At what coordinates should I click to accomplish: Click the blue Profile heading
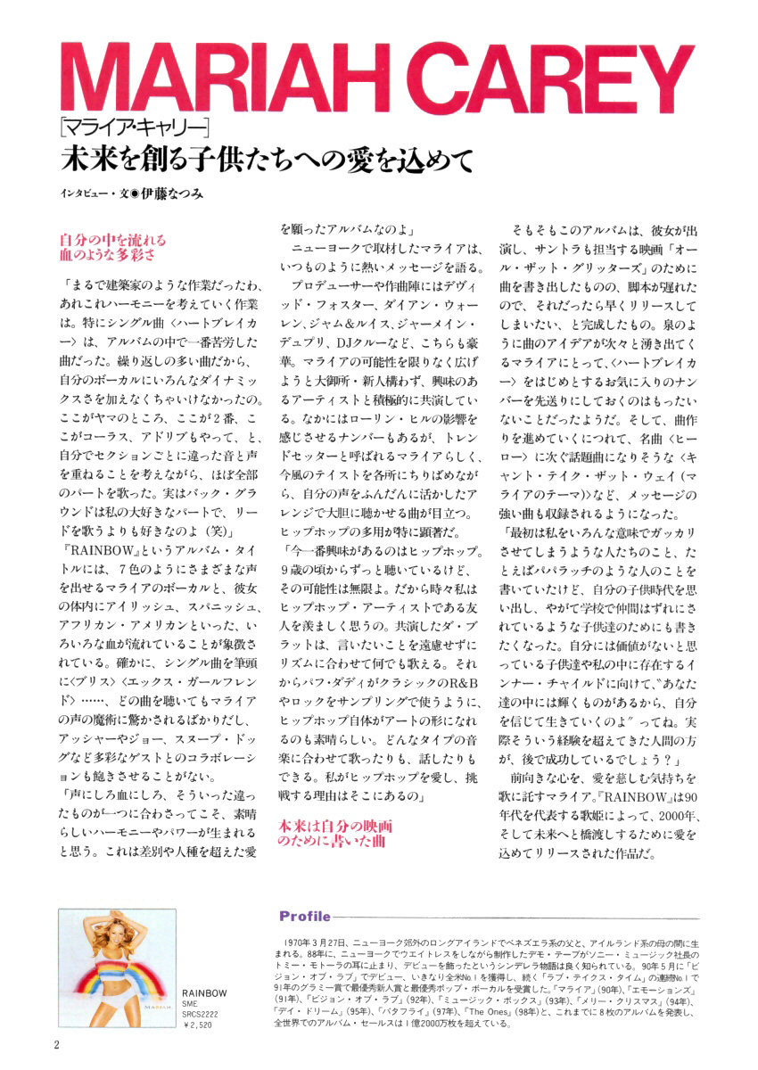pyautogui.click(x=305, y=917)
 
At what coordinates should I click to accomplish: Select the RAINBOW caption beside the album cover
pyautogui.click(x=204, y=992)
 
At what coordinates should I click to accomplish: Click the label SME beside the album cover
pyautogui.click(x=190, y=1004)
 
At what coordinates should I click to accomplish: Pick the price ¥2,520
pyautogui.click(x=199, y=1025)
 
